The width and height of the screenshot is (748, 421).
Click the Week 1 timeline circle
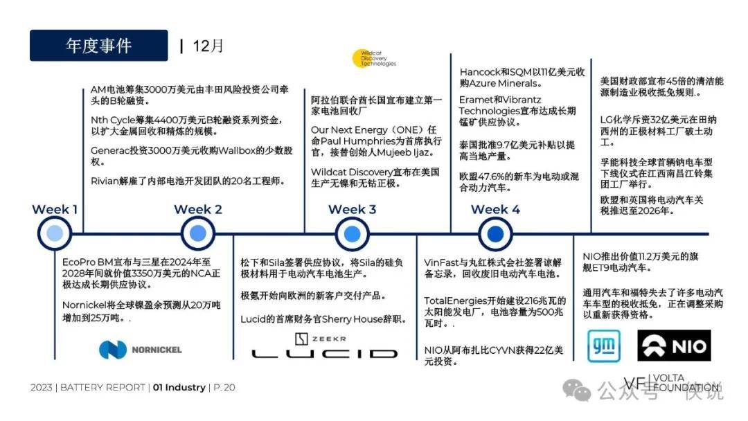[x=55, y=233]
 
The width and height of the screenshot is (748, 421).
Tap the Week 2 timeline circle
[x=198, y=233]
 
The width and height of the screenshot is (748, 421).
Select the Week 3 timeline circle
[x=352, y=233]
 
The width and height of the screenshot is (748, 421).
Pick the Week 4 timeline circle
[x=495, y=233]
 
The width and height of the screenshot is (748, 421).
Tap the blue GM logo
[x=604, y=346]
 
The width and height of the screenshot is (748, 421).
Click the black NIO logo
[x=674, y=346]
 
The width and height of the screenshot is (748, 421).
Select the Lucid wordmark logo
[x=324, y=354]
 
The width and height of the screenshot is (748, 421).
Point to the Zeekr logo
[x=321, y=339]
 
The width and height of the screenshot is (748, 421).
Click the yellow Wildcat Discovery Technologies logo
[x=374, y=58]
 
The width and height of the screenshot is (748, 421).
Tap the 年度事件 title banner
[x=99, y=45]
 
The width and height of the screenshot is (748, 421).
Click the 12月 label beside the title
[x=208, y=46]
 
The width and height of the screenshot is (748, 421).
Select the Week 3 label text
[x=352, y=209]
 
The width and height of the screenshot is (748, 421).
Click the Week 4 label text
[x=495, y=209]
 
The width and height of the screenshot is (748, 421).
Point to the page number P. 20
[x=224, y=387]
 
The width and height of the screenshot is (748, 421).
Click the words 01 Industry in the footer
[x=179, y=387]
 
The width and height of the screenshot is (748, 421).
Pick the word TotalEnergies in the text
[x=454, y=301]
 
